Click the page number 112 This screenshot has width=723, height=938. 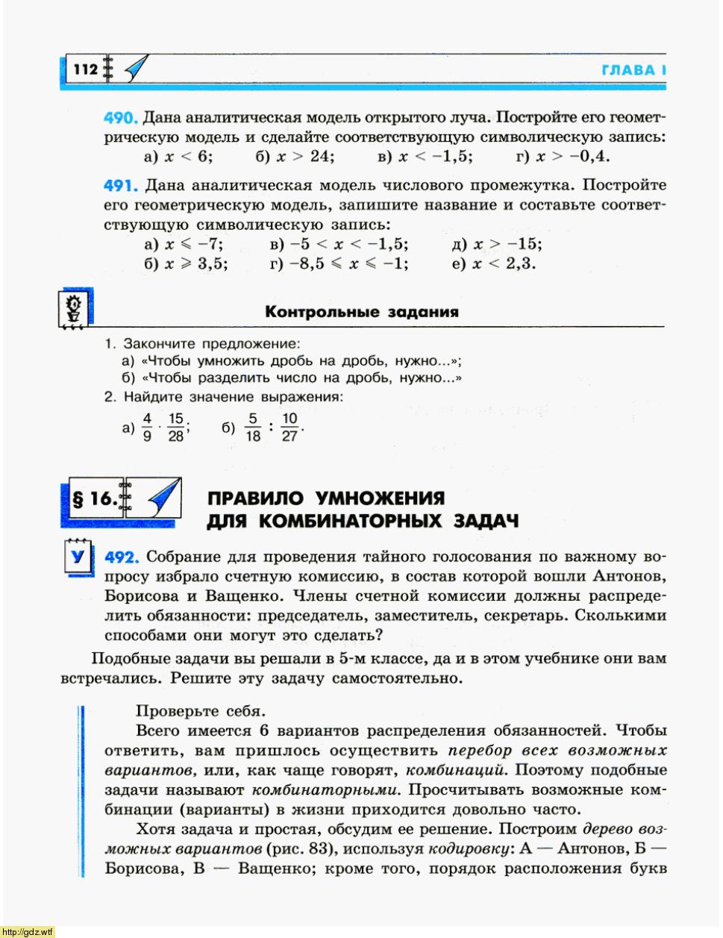86,69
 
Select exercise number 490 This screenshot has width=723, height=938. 121,118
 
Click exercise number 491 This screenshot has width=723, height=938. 121,185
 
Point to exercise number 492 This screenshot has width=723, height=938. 122,557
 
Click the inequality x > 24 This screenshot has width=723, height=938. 304,157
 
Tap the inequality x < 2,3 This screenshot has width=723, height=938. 504,263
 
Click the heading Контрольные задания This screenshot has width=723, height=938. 361,312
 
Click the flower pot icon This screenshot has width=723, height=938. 73,309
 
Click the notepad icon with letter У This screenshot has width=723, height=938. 77,556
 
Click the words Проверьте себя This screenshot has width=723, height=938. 201,711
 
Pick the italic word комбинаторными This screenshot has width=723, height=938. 325,790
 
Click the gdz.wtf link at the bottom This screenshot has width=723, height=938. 28,931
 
